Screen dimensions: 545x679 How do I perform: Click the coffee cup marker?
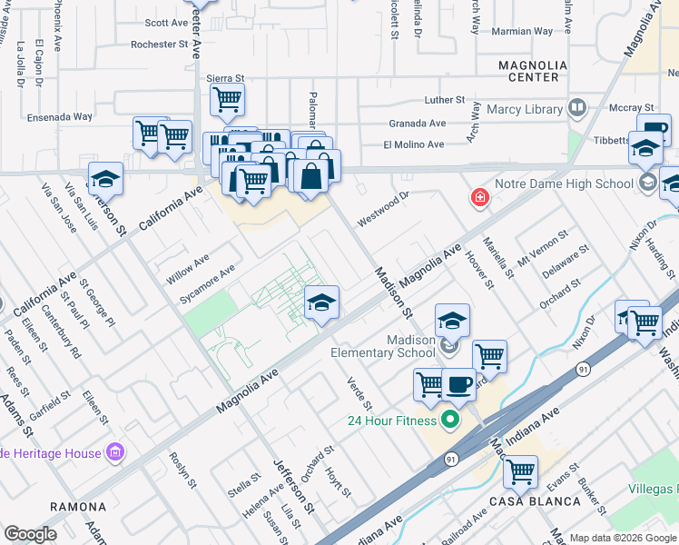458,383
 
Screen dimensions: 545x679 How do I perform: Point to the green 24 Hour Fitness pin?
448,420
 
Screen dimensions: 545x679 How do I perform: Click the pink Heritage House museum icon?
114,451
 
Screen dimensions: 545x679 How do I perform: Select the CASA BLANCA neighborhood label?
536,501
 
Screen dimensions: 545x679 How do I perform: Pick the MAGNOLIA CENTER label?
533,73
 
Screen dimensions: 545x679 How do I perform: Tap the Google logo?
30,534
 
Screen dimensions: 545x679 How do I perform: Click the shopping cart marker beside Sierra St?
227,100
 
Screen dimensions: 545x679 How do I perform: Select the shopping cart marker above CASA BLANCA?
520,471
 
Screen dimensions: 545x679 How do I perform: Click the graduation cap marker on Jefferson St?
106,179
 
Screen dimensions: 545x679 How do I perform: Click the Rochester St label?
159,44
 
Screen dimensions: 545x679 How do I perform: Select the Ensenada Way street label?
60,117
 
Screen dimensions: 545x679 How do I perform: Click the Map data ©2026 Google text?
623,538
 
